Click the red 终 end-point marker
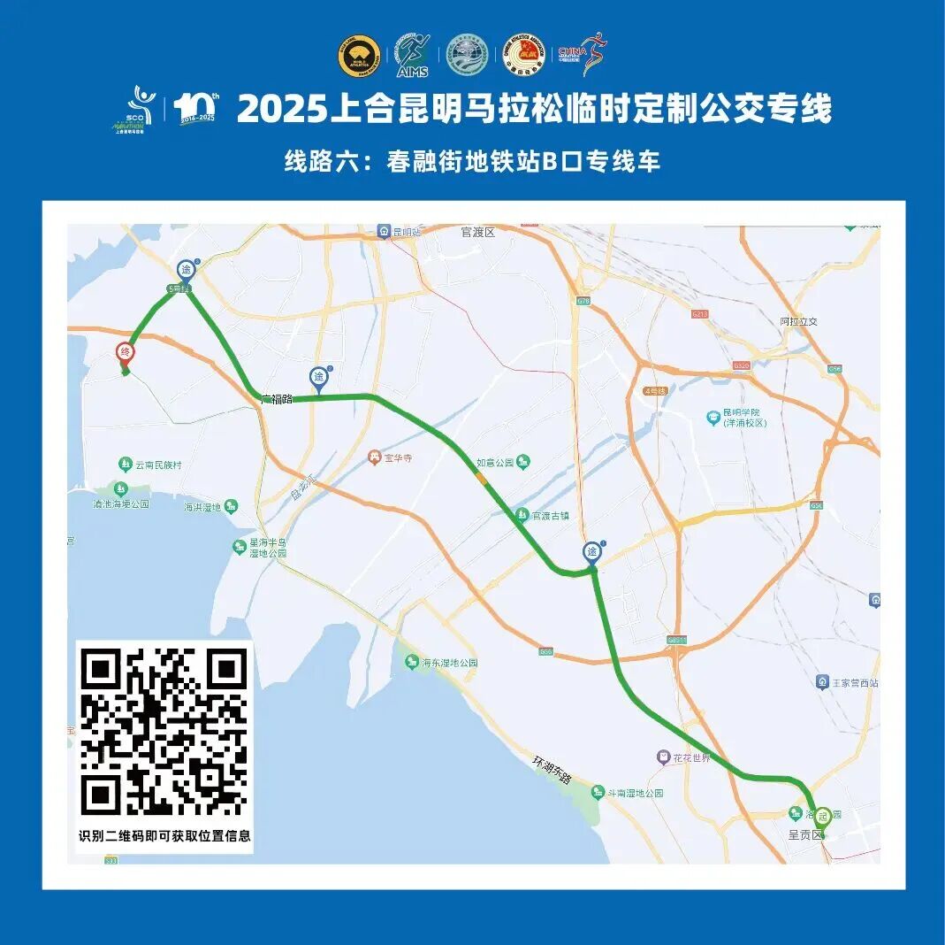coord(126,353)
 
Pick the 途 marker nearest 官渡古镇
coord(592,552)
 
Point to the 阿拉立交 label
coord(799,321)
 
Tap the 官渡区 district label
coord(478,232)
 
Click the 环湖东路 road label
coord(552,769)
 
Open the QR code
coord(164,732)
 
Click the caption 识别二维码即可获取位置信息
coord(164,835)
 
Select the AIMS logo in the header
coord(413,55)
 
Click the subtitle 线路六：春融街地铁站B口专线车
coord(472,162)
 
